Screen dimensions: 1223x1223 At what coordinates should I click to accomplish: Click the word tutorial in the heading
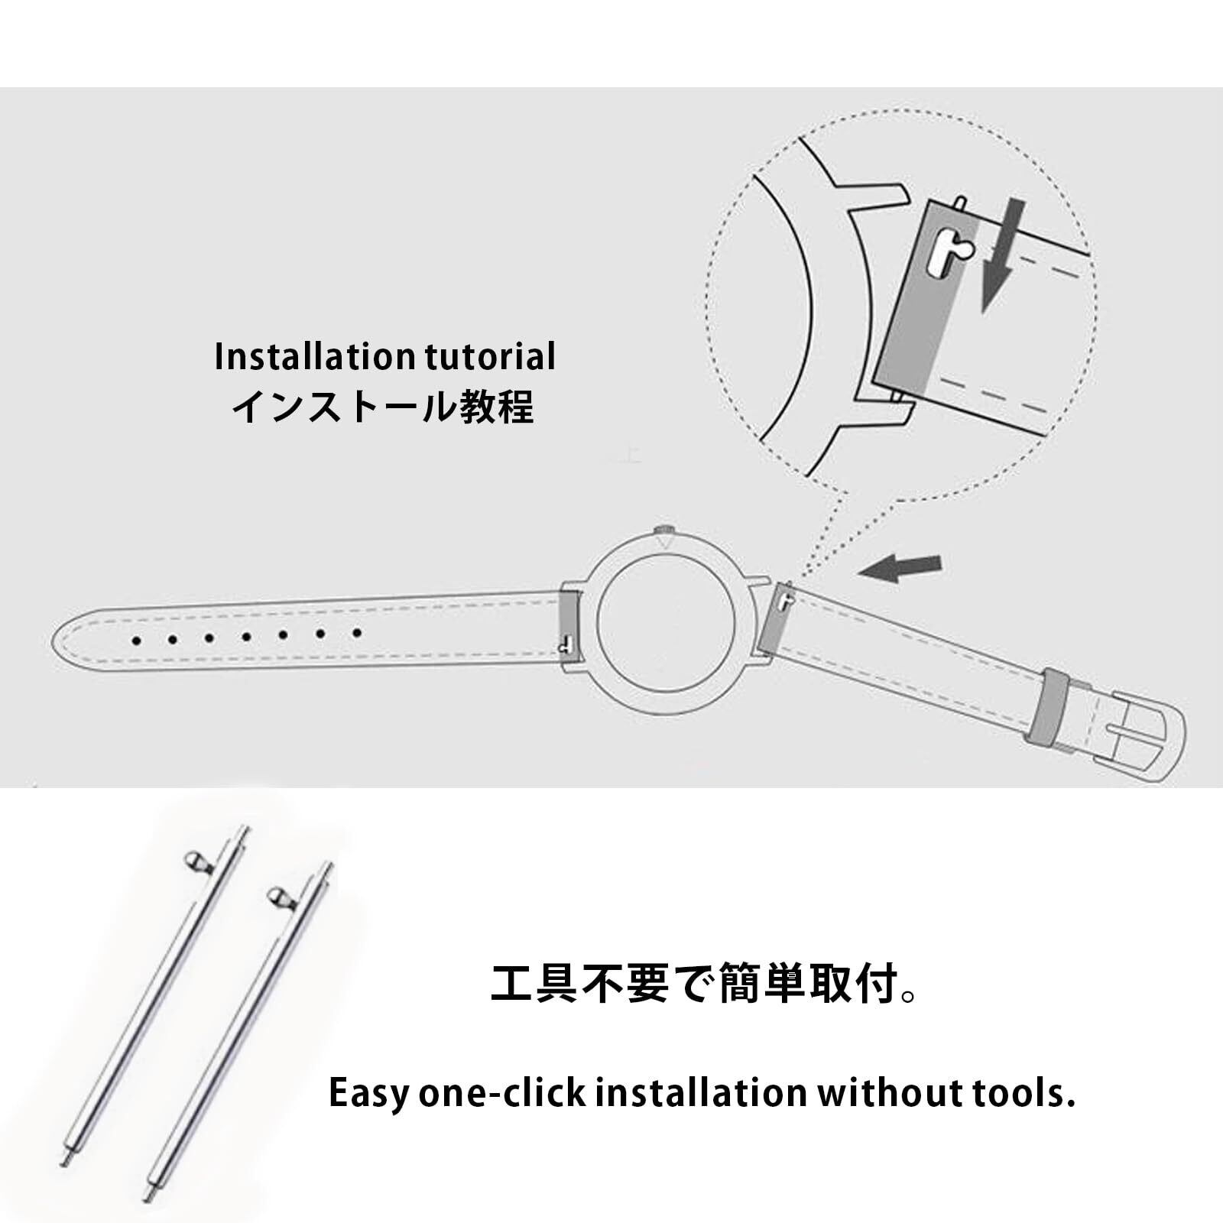[486, 357]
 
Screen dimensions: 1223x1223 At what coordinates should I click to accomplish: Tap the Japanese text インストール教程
[382, 407]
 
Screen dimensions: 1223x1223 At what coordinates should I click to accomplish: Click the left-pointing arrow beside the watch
[900, 567]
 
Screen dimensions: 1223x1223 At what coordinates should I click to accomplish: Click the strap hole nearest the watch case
[356, 633]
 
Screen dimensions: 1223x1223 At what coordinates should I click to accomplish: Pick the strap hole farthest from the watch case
[136, 639]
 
